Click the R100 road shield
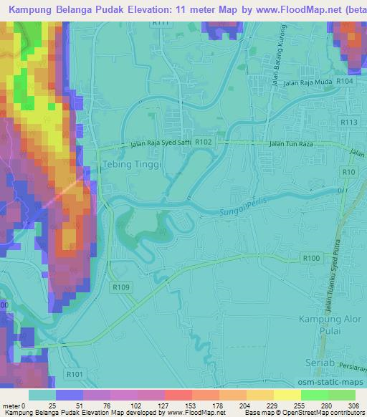pos(311,258)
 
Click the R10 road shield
pos(349,173)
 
